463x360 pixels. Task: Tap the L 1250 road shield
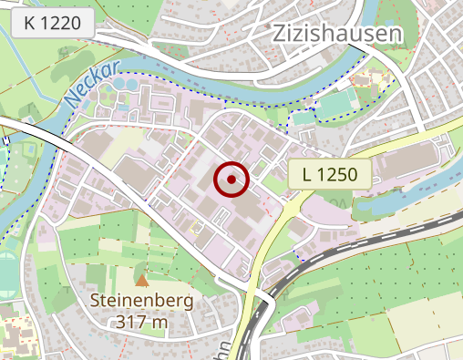[x=330, y=173]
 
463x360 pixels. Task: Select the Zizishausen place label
[x=338, y=35]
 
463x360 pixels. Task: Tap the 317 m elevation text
[x=142, y=321]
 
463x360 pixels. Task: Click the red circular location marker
[x=231, y=180]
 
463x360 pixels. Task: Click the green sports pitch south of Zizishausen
[x=334, y=105]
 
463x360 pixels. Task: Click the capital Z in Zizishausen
[x=281, y=35]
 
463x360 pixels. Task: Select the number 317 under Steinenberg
[x=131, y=321]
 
